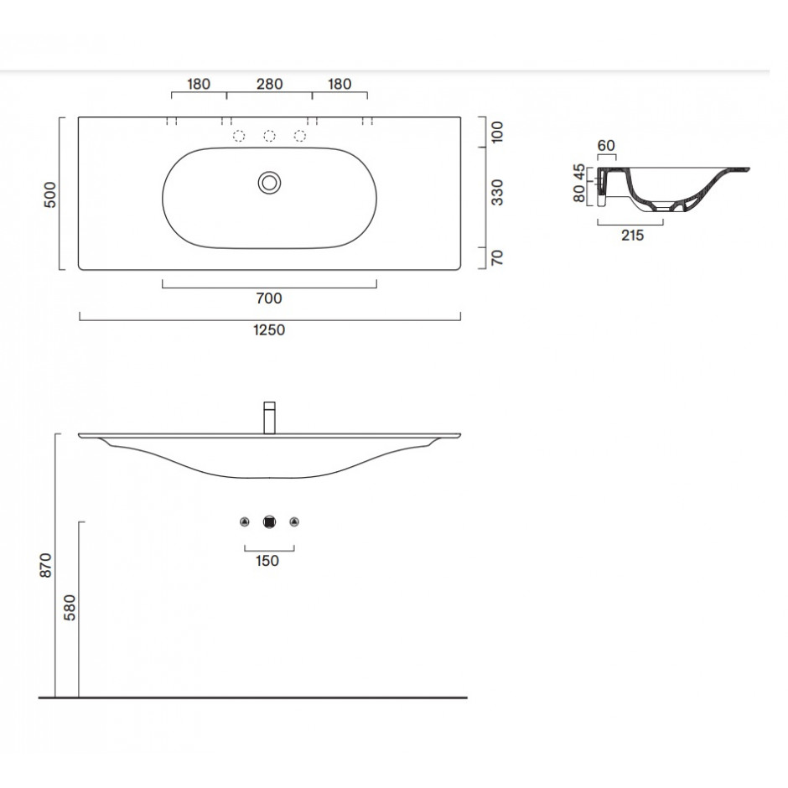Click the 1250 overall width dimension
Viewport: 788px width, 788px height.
[x=269, y=329]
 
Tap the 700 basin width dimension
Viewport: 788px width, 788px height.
[x=269, y=298]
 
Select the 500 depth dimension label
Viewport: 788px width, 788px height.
[x=50, y=194]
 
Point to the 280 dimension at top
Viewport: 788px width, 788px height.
[x=269, y=84]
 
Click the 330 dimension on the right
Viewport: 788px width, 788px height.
[x=497, y=193]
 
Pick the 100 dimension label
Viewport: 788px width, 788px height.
[x=497, y=132]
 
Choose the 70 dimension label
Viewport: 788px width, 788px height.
[x=497, y=258]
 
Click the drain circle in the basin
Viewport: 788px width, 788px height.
[x=269, y=183]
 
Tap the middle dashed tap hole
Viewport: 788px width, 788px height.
[x=269, y=136]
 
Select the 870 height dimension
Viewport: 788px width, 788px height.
[x=46, y=565]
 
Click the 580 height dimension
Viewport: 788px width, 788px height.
[x=70, y=608]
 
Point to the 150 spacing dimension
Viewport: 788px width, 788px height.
[x=267, y=561]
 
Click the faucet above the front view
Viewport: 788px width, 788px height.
[x=270, y=417]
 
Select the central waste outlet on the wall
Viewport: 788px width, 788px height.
[x=270, y=522]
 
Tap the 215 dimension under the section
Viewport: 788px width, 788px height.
[x=632, y=236]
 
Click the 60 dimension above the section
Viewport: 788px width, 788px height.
[x=606, y=146]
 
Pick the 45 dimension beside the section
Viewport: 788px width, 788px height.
[x=579, y=173]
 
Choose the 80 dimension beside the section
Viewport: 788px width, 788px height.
[x=579, y=194]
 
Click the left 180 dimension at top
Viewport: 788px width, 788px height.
[x=199, y=84]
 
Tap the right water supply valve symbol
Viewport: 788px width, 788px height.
[x=294, y=522]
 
